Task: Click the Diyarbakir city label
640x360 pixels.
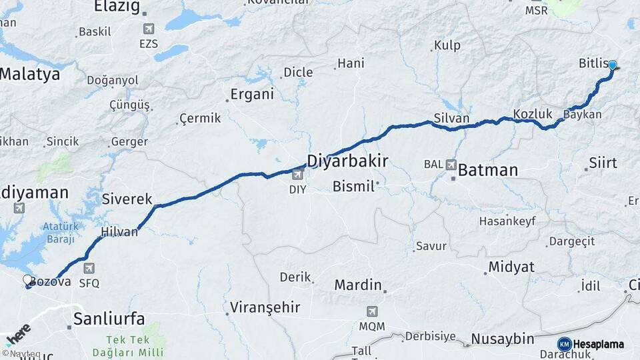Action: pyautogui.click(x=347, y=161)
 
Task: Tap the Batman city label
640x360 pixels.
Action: pyautogui.click(x=488, y=170)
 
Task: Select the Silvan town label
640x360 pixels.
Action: pyautogui.click(x=451, y=119)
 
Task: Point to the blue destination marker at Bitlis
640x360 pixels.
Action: pyautogui.click(x=612, y=65)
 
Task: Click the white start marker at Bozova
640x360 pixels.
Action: pyautogui.click(x=28, y=280)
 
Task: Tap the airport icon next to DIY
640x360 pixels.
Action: pyautogui.click(x=297, y=175)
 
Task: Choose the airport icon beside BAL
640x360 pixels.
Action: pyautogui.click(x=451, y=165)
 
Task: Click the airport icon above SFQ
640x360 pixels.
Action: pyautogui.click(x=89, y=269)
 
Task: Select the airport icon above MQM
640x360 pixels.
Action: pyautogui.click(x=372, y=311)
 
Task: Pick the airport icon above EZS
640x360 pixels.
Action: pyautogui.click(x=149, y=29)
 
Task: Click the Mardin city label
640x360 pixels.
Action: pyautogui.click(x=358, y=285)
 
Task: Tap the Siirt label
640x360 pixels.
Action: pyautogui.click(x=603, y=163)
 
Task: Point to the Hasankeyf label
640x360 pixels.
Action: pyautogui.click(x=507, y=221)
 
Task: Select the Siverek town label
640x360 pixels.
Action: pyautogui.click(x=127, y=199)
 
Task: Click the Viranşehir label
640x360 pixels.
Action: pyautogui.click(x=265, y=308)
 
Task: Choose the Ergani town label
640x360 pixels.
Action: pyautogui.click(x=252, y=94)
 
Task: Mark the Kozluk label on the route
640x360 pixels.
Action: pyautogui.click(x=533, y=114)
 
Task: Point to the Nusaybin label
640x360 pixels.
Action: pyautogui.click(x=503, y=339)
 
